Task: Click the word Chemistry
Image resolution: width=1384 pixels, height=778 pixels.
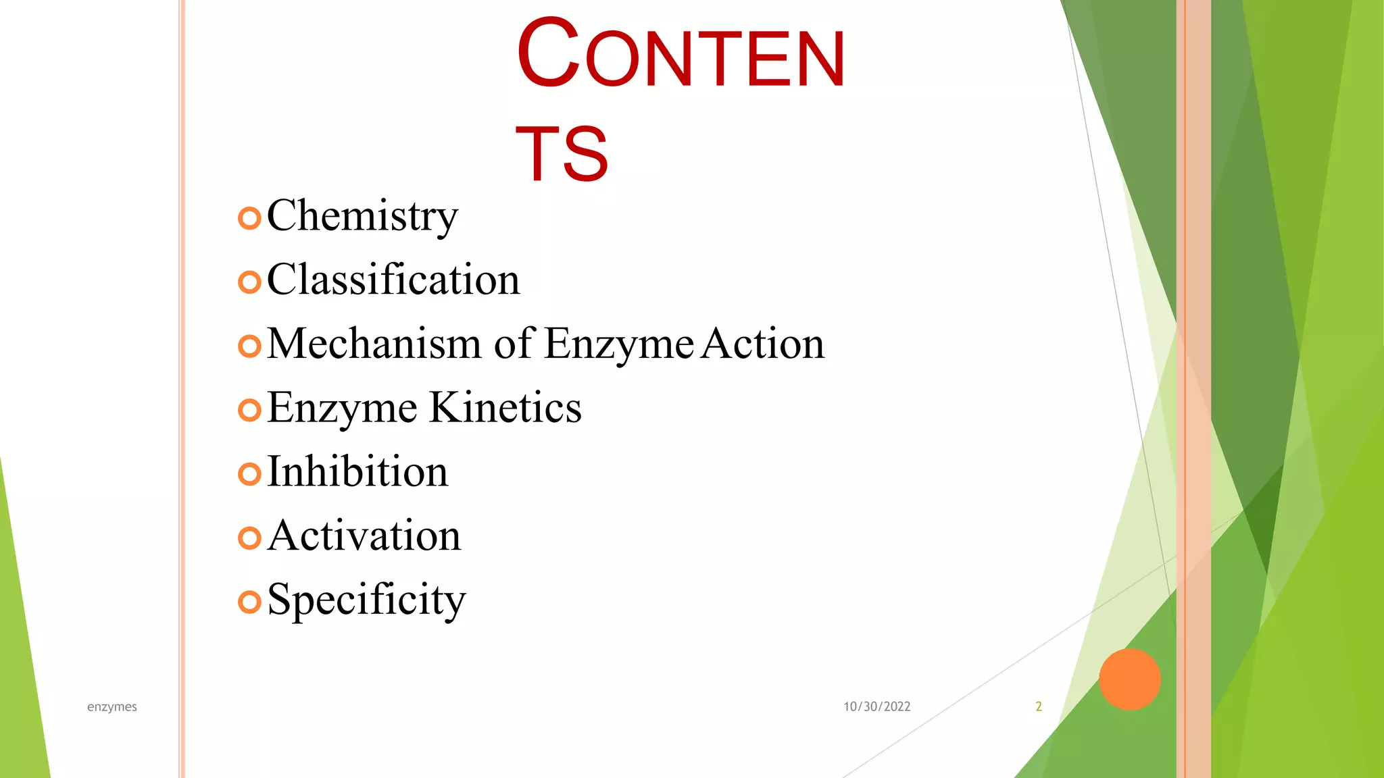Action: tap(362, 216)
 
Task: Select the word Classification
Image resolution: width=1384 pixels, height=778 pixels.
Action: tap(393, 280)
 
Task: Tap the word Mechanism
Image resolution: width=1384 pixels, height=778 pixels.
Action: tap(374, 343)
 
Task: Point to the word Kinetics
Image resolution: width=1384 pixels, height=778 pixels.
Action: tap(505, 407)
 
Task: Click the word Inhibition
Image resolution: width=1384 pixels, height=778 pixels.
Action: tap(357, 471)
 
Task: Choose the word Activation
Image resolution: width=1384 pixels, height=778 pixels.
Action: tap(364, 536)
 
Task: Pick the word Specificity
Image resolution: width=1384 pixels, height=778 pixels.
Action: tap(366, 600)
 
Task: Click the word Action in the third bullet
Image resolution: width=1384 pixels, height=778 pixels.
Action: tap(763, 343)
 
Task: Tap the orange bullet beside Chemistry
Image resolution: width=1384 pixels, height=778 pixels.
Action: tap(249, 218)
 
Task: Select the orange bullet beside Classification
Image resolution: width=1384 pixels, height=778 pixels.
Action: tap(249, 282)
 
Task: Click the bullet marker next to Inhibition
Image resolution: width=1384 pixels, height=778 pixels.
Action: tap(249, 473)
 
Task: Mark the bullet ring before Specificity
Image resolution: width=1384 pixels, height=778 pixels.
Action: tap(249, 601)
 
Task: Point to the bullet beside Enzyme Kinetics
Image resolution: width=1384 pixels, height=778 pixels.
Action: tap(249, 409)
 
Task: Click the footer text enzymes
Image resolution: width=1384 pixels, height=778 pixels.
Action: tap(112, 706)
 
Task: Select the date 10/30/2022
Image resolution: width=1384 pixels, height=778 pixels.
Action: tap(876, 706)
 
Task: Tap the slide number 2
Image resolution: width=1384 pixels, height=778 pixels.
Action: tap(1039, 706)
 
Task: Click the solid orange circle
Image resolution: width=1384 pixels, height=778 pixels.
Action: tap(1129, 679)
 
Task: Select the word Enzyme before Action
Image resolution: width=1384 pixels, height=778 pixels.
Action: tap(618, 344)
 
